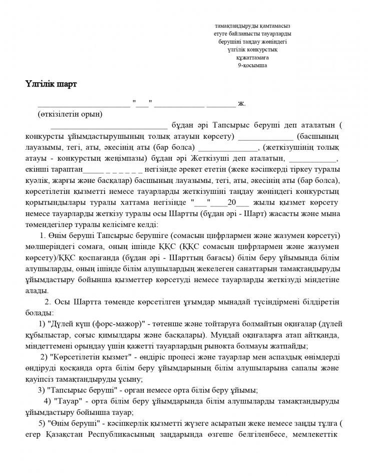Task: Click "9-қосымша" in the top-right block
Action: tap(252, 65)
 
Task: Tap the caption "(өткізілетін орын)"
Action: tap(70, 114)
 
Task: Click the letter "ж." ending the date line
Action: tap(241, 104)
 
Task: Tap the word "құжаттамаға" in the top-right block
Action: tap(252, 58)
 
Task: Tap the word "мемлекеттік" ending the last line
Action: tap(316, 434)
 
